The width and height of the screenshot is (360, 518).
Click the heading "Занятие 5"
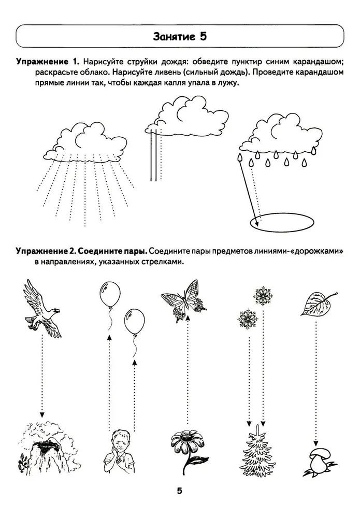click(x=180, y=36)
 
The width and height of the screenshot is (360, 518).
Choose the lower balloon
click(x=134, y=322)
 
